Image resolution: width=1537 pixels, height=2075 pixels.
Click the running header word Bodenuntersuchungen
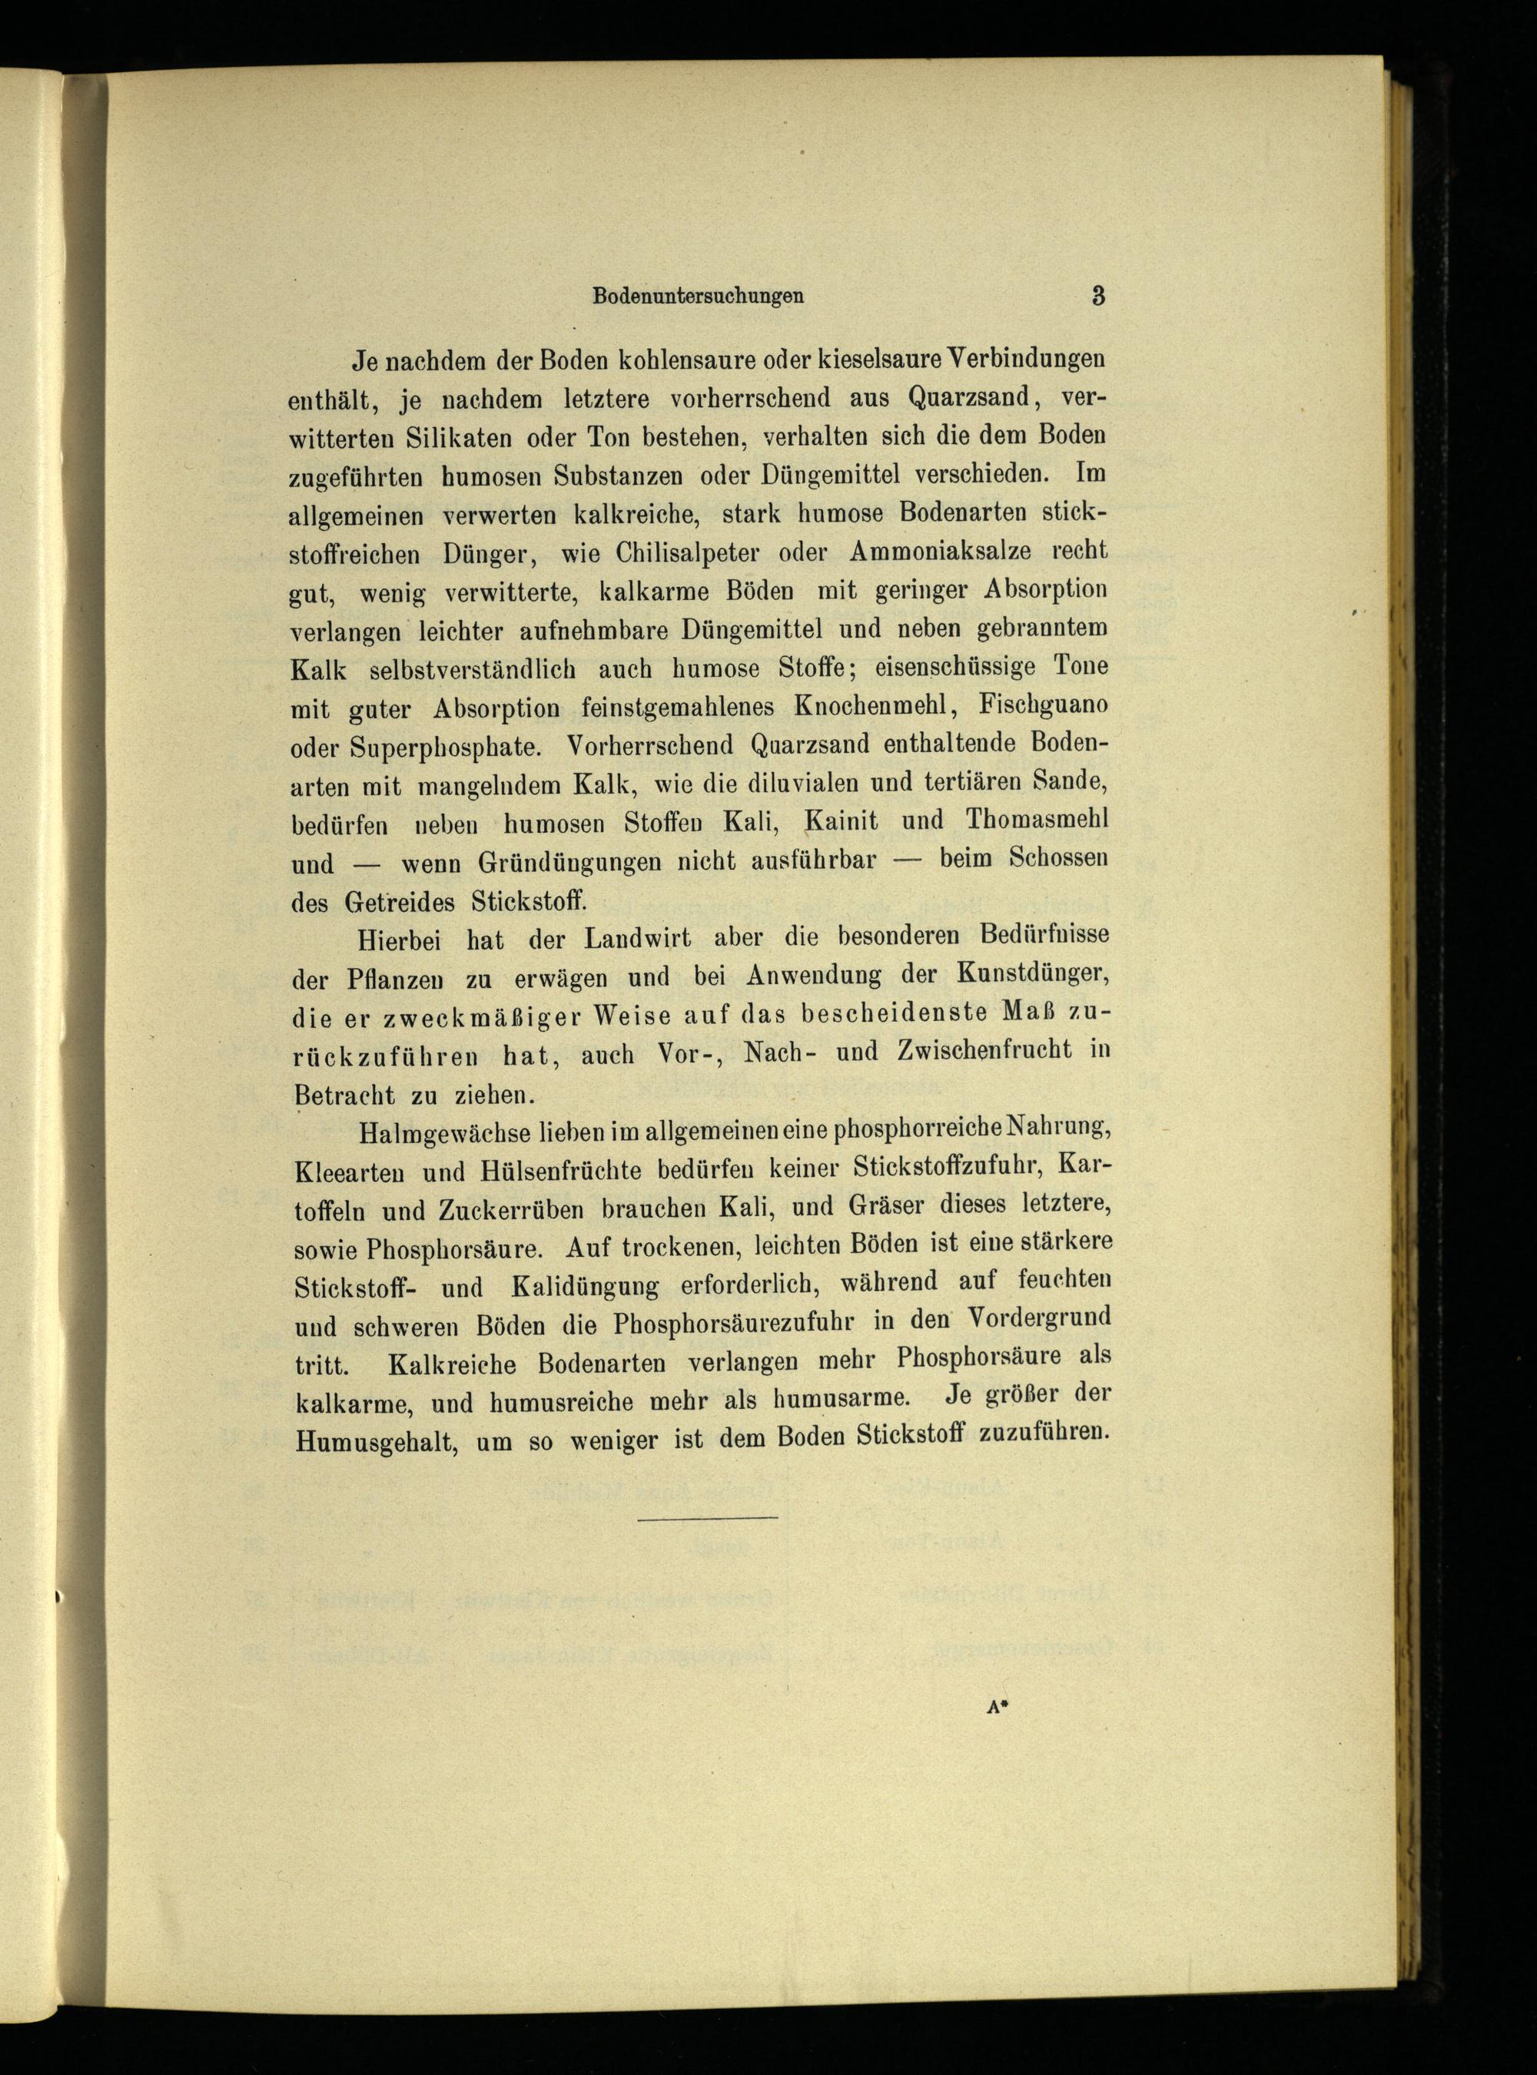(698, 297)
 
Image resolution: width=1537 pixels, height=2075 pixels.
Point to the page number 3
(1098, 297)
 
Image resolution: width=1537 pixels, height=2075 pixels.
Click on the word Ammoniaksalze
(940, 551)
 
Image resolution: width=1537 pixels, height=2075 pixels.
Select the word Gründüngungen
(569, 861)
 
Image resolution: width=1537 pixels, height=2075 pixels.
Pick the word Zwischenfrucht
(984, 1051)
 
